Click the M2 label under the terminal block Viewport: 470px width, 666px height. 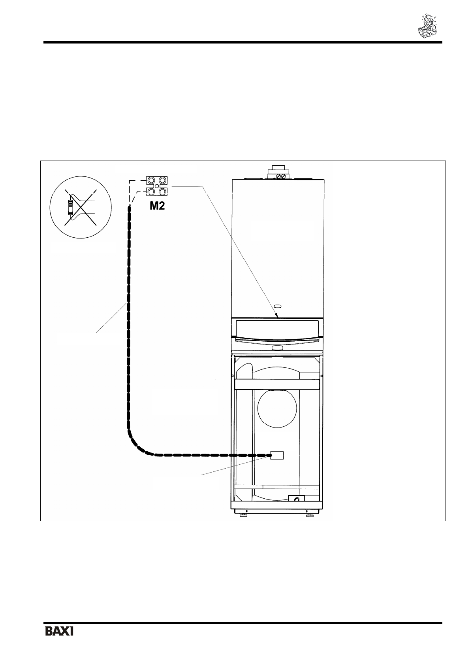157,206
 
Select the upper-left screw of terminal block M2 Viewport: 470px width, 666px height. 151,180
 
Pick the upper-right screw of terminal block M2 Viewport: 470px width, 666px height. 162,180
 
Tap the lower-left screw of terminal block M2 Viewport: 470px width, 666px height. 151,192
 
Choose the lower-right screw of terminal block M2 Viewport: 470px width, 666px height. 162,192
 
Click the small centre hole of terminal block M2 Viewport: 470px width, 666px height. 157,186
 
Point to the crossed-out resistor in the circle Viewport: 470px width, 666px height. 70,207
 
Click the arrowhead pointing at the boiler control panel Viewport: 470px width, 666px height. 276,316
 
